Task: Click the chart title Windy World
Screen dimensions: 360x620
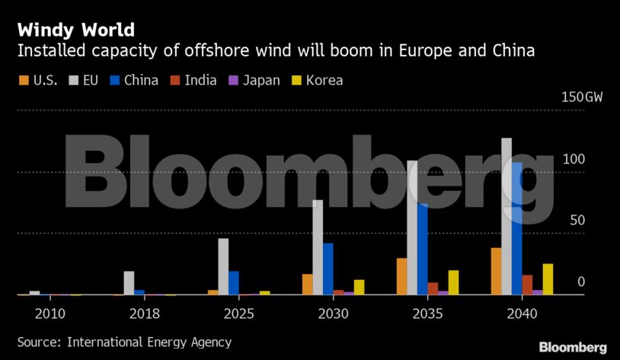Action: (76, 30)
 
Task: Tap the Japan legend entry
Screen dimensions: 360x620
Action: (254, 80)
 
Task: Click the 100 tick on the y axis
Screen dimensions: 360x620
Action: (574, 159)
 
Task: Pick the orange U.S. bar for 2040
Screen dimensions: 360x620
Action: (496, 271)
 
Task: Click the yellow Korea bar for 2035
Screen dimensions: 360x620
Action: (453, 282)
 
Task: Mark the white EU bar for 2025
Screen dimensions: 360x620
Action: (223, 266)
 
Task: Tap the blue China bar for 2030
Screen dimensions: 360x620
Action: (328, 269)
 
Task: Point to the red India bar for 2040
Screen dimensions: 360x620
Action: (527, 285)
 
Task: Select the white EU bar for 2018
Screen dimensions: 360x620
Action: (129, 283)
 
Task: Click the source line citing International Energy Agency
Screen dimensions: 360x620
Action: (124, 342)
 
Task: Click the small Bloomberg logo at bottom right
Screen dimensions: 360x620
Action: (573, 347)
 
